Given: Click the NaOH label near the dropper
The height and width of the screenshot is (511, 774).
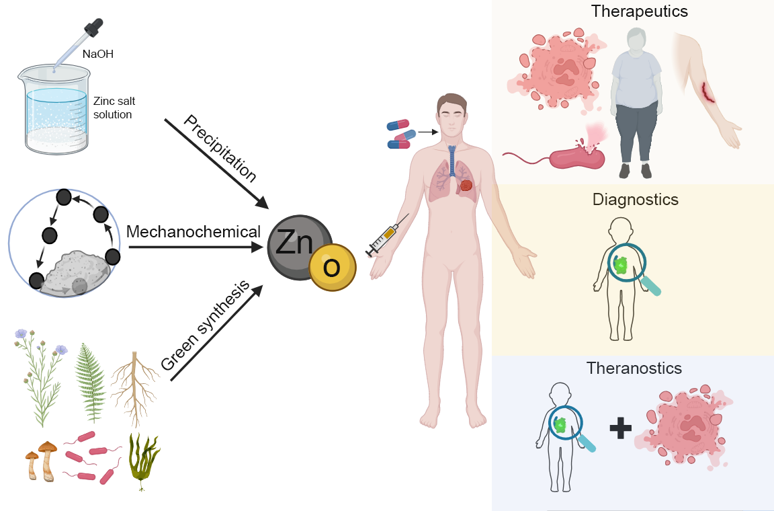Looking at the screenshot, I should click(x=97, y=54).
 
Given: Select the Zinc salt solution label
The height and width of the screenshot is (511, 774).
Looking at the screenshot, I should click(x=113, y=108).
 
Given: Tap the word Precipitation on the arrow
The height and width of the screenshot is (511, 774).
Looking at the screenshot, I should click(x=220, y=149).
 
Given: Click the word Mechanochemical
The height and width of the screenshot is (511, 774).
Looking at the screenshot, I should click(x=193, y=232).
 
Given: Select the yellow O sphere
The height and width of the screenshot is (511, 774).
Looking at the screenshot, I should click(x=332, y=268).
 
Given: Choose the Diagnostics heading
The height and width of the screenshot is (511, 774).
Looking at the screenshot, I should click(x=635, y=200).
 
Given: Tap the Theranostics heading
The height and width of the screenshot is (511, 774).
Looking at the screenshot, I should click(x=634, y=368).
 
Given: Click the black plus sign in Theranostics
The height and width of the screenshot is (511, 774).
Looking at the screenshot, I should click(x=621, y=428).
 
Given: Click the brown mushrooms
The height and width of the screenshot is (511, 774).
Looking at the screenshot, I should click(x=41, y=460).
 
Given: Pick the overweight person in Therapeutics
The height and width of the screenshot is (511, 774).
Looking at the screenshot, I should click(x=636, y=101).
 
